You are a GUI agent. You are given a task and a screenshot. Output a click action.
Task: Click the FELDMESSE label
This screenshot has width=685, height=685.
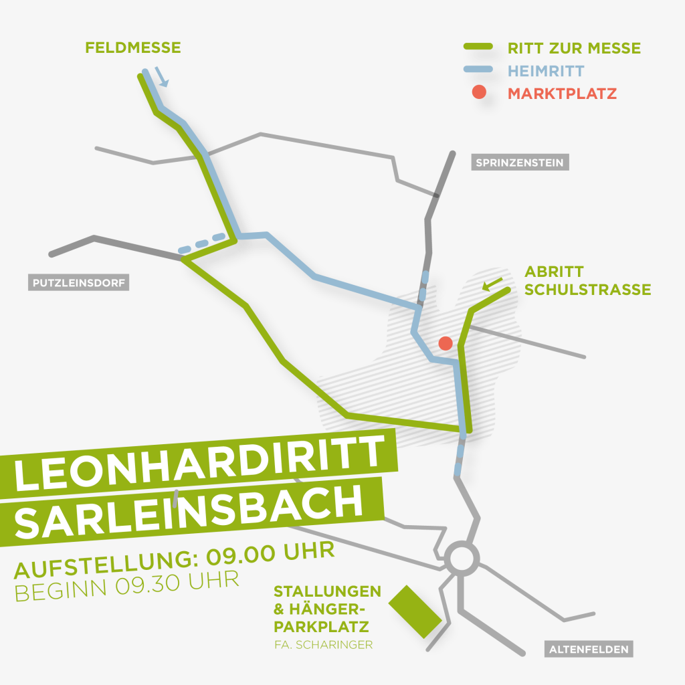(x=133, y=48)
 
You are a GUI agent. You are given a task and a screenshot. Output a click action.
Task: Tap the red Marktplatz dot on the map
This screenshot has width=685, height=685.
(x=446, y=343)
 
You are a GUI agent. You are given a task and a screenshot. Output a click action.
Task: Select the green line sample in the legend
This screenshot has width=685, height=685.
(x=479, y=47)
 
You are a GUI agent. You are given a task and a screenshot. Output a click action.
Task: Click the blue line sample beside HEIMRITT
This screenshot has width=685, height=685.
(x=479, y=70)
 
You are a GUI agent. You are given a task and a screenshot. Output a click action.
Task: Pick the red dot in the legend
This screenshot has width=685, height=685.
(x=479, y=93)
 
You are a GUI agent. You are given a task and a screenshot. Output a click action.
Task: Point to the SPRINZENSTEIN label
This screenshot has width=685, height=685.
(x=519, y=163)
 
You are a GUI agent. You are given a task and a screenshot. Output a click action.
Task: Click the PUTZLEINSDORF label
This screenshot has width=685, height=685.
(x=80, y=283)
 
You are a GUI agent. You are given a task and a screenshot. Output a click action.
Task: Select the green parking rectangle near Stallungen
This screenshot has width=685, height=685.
(x=415, y=611)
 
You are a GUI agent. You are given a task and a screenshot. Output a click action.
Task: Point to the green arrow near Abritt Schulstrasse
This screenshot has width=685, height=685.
(x=493, y=285)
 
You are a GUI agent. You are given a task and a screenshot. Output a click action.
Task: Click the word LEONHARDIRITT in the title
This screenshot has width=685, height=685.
(x=200, y=466)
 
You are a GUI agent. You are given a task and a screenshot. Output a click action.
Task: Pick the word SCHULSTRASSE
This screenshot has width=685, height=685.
(x=587, y=290)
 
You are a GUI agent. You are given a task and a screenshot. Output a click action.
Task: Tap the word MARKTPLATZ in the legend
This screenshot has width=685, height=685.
(x=562, y=93)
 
